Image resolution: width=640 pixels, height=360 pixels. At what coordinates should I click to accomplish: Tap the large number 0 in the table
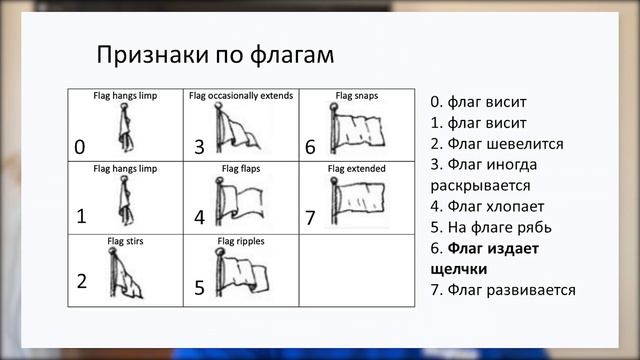pyautogui.click(x=79, y=147)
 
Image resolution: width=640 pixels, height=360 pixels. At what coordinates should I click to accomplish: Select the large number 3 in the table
pyautogui.click(x=199, y=147)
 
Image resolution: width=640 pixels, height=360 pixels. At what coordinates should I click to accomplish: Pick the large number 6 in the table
pyautogui.click(x=310, y=147)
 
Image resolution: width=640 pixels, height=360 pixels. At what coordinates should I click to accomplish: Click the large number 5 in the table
pyautogui.click(x=199, y=288)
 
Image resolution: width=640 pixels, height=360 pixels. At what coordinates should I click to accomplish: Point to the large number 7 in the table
pyautogui.click(x=310, y=217)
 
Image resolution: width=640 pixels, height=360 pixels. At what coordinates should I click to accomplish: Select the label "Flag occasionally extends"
pyautogui.click(x=241, y=96)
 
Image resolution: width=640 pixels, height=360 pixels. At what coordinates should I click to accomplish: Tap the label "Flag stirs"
pyautogui.click(x=125, y=241)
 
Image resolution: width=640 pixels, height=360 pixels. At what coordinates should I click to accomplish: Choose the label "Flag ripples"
pyautogui.click(x=241, y=241)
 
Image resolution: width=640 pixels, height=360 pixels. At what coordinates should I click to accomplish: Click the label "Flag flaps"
pyautogui.click(x=241, y=169)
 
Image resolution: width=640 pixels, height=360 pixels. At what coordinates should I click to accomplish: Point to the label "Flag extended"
pyautogui.click(x=357, y=169)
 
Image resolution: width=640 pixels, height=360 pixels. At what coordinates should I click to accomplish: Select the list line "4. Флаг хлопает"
pyautogui.click(x=487, y=206)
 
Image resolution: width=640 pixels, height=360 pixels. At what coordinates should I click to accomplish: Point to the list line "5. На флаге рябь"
pyautogui.click(x=490, y=227)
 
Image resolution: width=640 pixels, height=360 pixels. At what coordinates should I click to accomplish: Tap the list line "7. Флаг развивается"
pyautogui.click(x=503, y=290)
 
